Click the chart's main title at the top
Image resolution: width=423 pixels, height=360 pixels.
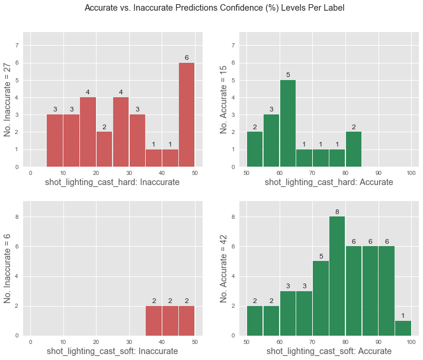coord(214,8)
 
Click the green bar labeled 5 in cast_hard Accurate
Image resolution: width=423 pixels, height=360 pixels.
coord(288,123)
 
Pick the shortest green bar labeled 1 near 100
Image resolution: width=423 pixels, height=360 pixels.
coord(403,328)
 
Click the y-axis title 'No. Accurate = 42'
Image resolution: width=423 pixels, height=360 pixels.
coord(225,270)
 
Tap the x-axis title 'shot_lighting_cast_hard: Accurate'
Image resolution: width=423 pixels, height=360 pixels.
coord(329,182)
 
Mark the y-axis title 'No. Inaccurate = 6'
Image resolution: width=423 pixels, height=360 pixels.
coord(9,270)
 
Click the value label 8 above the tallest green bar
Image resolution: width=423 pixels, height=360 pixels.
coord(337,212)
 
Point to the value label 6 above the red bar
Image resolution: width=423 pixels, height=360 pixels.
coord(187,58)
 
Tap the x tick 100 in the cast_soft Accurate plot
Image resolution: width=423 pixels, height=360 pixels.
coord(411,342)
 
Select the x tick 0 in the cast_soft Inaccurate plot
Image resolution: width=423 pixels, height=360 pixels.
coord(30,342)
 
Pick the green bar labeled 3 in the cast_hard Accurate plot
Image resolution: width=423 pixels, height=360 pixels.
coord(271,141)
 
